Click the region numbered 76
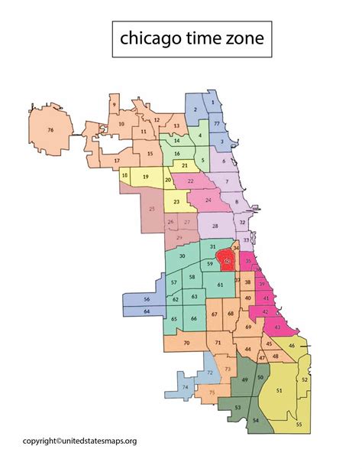(50, 131)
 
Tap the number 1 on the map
(212, 102)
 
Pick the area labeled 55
(299, 424)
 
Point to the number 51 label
(279, 391)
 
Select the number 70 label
(186, 344)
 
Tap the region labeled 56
(147, 298)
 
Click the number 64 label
(147, 311)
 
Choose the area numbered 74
(184, 388)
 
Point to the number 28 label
(215, 226)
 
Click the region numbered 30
(182, 256)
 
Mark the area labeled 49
(244, 380)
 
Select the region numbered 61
(220, 285)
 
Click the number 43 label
(276, 327)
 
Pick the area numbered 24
(208, 200)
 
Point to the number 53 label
(238, 408)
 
